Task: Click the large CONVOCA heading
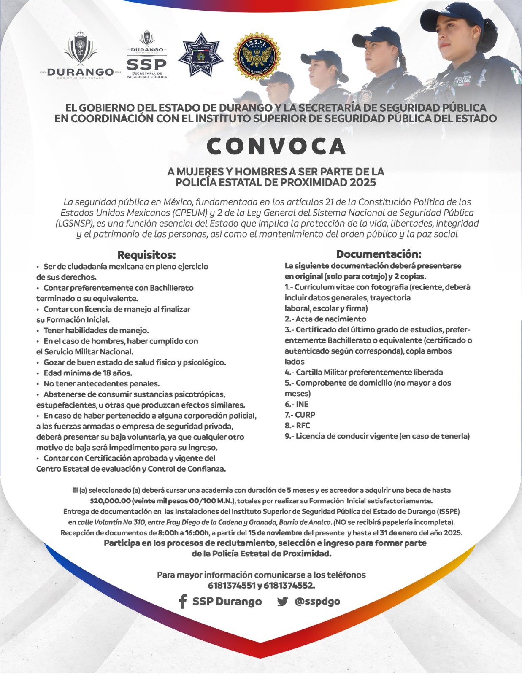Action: coord(276,146)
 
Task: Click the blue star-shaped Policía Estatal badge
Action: coord(198,55)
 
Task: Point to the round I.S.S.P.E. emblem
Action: coord(255,57)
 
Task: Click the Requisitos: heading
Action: coord(146,255)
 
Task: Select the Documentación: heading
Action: coord(379,254)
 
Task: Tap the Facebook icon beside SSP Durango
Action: coord(183,602)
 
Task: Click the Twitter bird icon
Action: coord(282,602)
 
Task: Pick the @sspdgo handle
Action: coord(317,601)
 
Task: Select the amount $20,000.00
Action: coord(110,501)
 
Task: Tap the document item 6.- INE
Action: coord(297,404)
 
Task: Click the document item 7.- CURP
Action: coord(300,415)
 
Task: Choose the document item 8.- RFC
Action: coord(298,425)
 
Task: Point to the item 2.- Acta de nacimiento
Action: coord(325,319)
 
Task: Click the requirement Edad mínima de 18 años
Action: coord(88,373)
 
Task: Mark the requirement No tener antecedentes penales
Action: coord(101,383)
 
